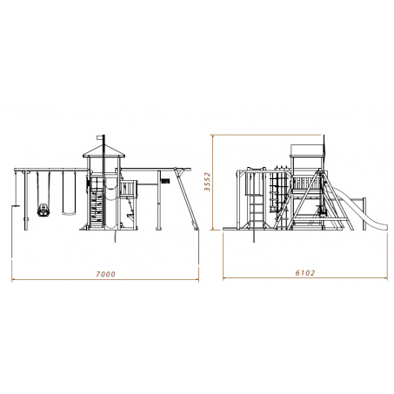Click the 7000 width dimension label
click(x=105, y=274)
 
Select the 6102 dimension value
click(x=305, y=273)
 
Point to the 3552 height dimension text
click(x=207, y=182)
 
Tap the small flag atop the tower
click(x=100, y=137)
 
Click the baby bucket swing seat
click(x=43, y=210)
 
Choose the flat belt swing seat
click(x=69, y=214)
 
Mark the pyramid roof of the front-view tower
click(x=104, y=150)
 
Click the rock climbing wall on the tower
click(x=97, y=203)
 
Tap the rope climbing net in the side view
click(x=278, y=191)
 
